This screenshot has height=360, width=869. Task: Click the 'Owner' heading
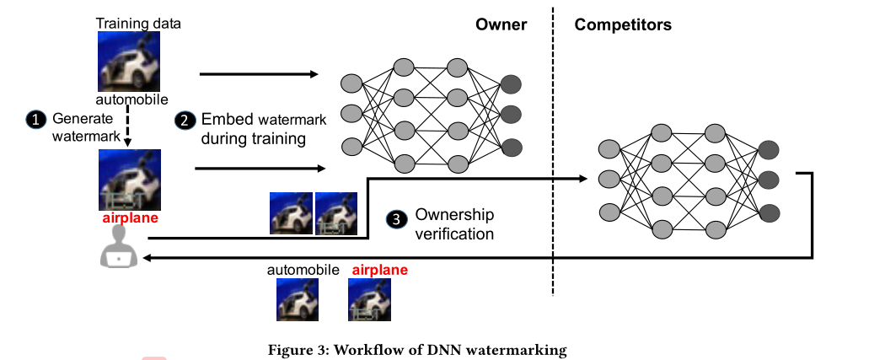pos(501,24)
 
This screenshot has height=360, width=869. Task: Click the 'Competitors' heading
pos(623,24)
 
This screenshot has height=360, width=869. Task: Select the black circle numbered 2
pos(184,121)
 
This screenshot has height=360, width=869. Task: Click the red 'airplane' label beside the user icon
pos(130,218)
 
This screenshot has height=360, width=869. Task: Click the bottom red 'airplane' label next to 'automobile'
pos(379,270)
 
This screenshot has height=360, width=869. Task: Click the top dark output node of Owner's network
pos(511,83)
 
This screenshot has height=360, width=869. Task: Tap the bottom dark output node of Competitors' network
pos(768,212)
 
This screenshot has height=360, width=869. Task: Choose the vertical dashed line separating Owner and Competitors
pos(553,152)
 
